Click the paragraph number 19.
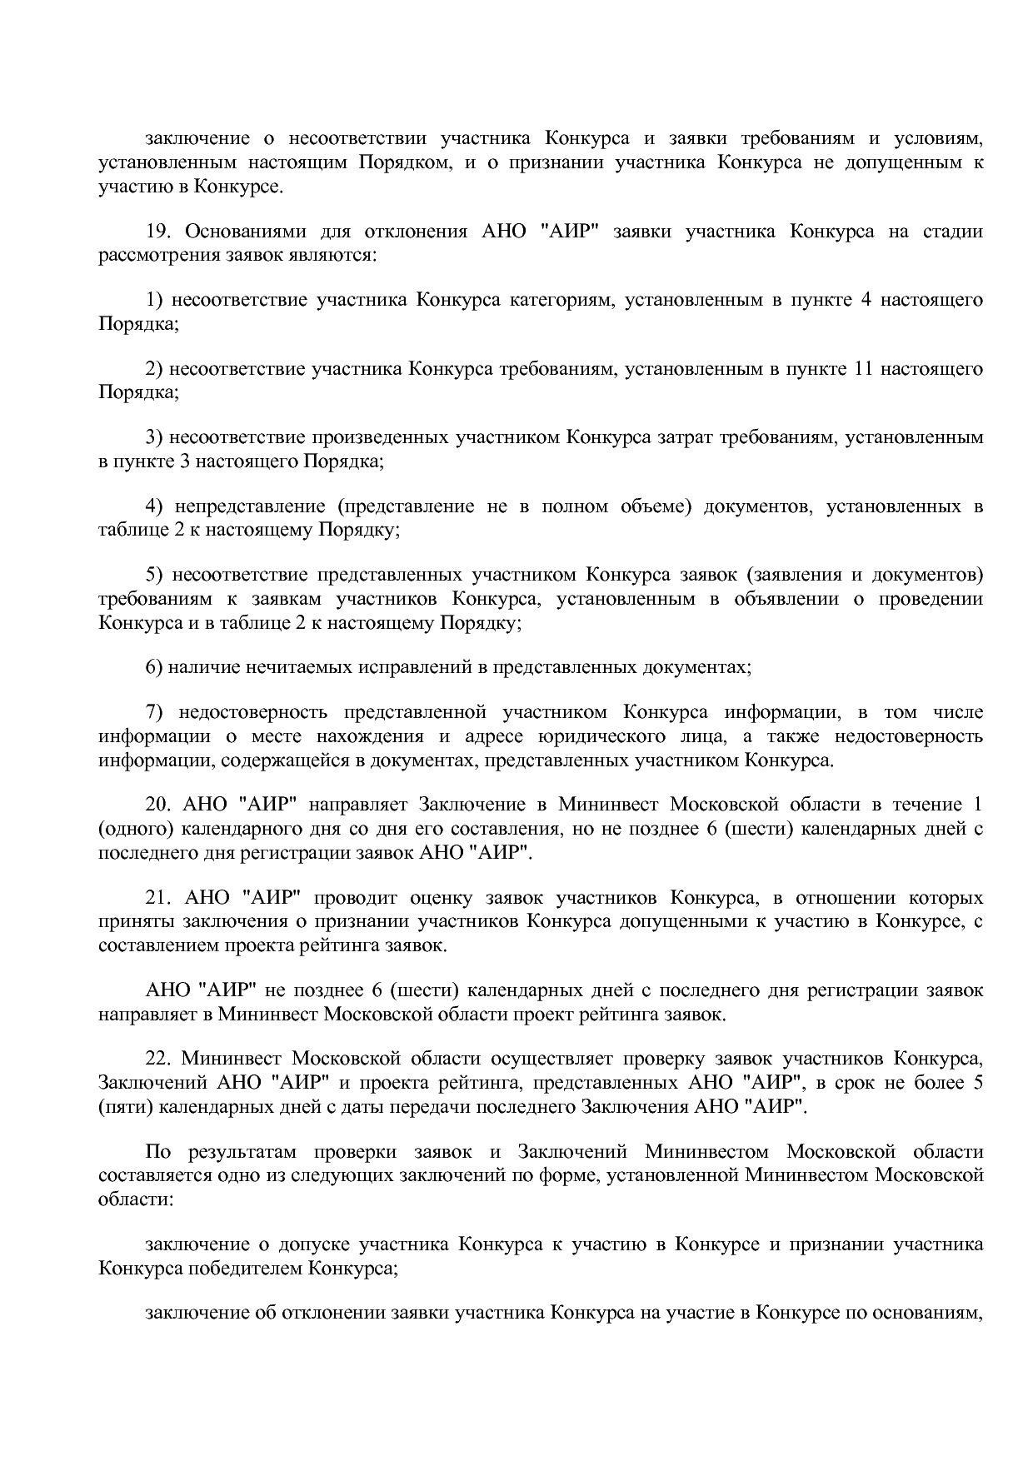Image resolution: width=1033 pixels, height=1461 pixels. (x=157, y=231)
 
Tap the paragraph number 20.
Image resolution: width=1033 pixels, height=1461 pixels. (x=157, y=805)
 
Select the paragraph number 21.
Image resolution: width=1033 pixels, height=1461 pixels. (x=157, y=898)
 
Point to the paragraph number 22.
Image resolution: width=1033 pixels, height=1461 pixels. (x=157, y=1059)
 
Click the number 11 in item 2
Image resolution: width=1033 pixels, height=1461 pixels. (x=862, y=369)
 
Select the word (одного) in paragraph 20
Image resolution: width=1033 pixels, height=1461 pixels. (x=134, y=829)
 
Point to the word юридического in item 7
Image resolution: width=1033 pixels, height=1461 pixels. (x=601, y=736)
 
